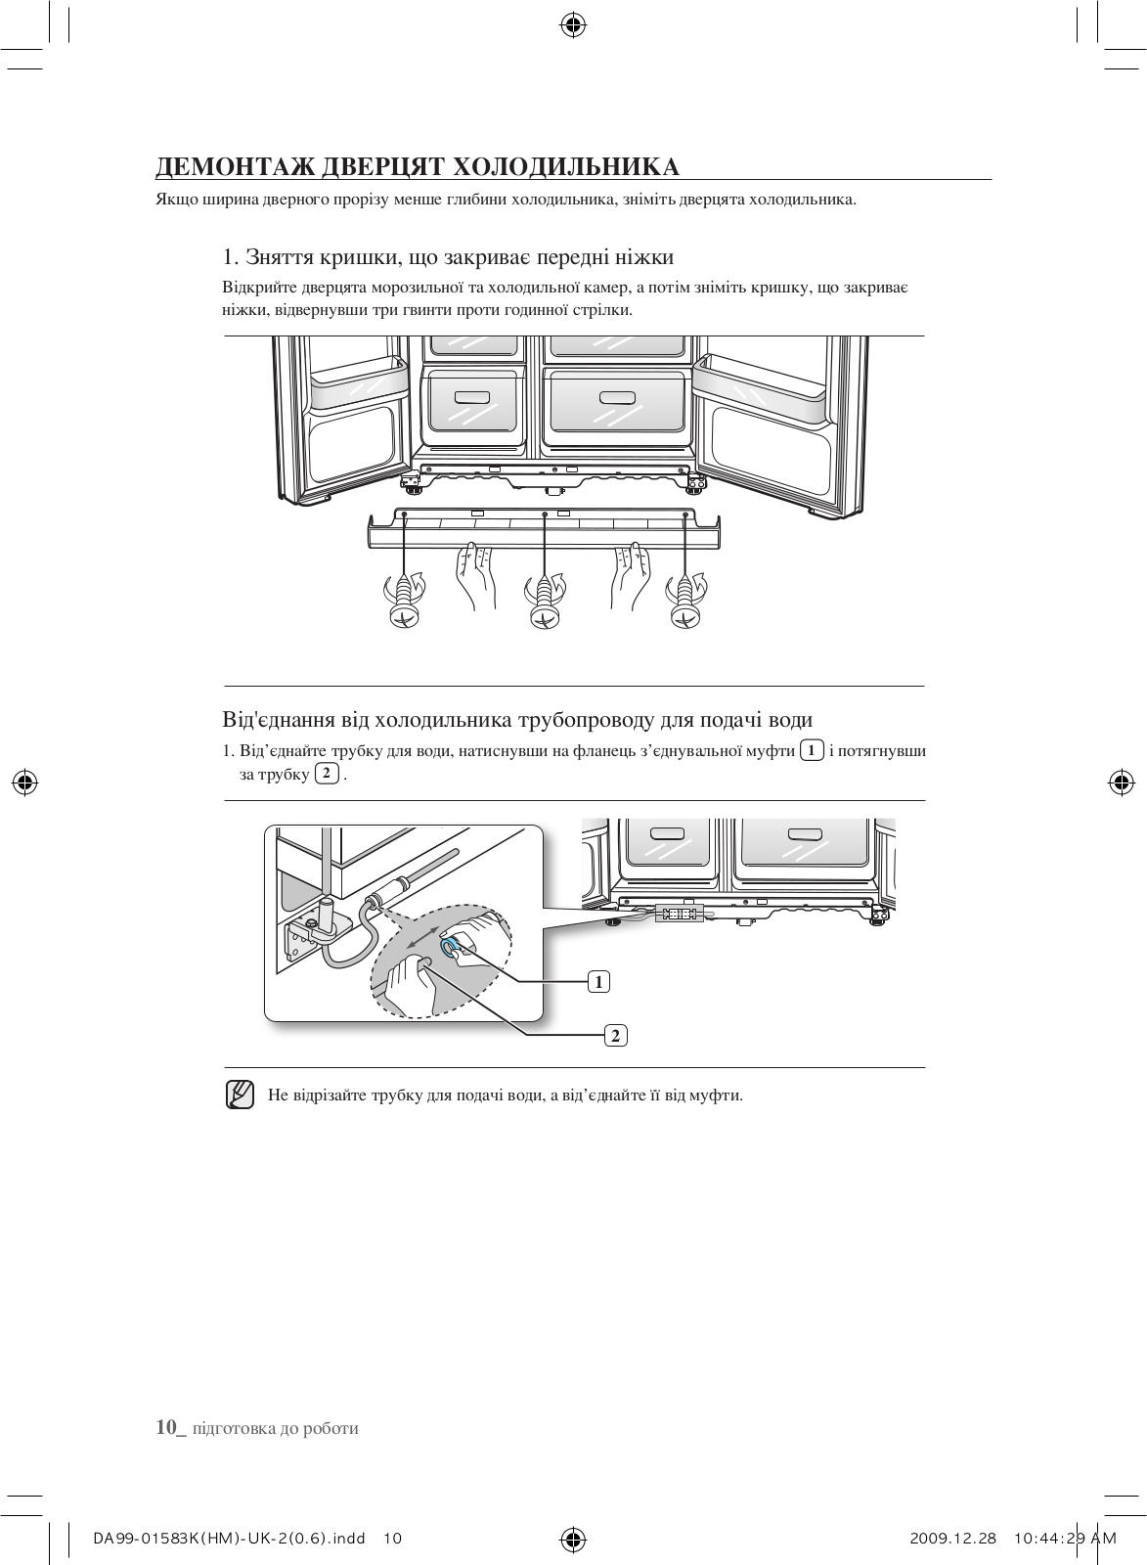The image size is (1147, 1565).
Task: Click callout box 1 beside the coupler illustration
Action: pos(598,981)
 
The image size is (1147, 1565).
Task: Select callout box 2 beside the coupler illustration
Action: pos(615,1035)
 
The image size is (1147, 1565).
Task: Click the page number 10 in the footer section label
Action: pos(168,1428)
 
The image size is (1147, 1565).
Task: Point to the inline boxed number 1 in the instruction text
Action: pos(811,751)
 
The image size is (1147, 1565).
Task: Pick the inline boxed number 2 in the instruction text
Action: pos(327,775)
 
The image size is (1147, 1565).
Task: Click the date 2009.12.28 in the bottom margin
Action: pos(952,1539)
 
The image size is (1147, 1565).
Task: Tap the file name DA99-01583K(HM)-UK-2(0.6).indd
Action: pos(230,1539)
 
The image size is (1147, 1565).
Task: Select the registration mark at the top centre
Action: pos(573,25)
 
